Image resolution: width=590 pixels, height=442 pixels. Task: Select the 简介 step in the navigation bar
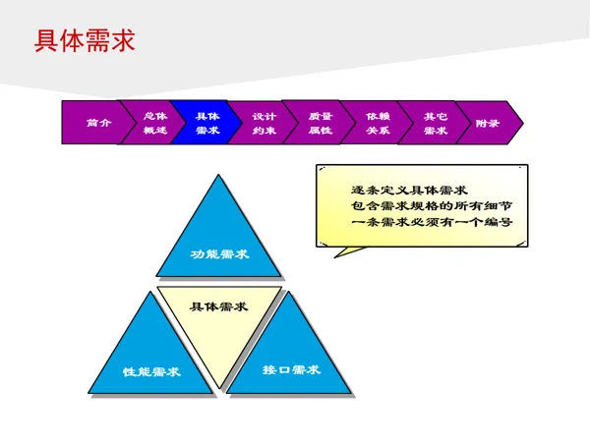93,123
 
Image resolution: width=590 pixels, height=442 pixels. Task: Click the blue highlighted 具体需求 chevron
206,123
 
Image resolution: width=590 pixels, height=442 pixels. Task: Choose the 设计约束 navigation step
263,123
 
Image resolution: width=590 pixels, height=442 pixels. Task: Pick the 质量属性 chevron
320,123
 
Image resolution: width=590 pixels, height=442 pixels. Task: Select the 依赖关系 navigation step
377,123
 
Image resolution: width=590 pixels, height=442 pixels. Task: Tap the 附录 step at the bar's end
488,123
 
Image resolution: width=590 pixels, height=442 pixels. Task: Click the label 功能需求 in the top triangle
218,254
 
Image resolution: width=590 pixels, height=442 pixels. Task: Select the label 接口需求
291,370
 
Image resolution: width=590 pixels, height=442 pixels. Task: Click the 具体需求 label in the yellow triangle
218,306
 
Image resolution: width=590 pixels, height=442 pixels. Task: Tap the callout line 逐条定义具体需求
408,190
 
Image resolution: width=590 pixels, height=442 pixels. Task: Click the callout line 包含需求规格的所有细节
431,206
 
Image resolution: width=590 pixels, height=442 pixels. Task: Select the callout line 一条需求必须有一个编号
431,223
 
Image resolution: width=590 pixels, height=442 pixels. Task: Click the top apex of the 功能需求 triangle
218,174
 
